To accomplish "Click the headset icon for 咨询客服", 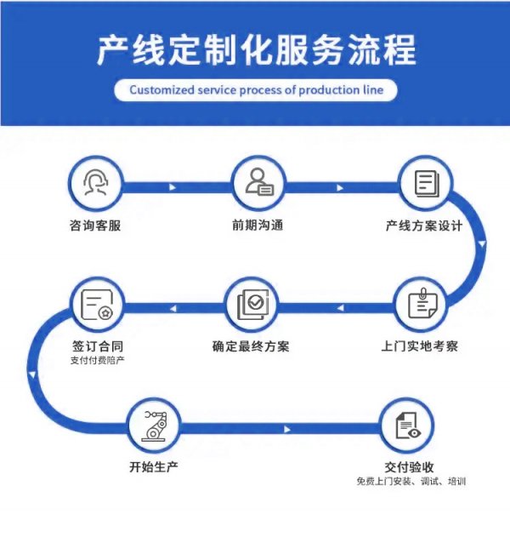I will [93, 185].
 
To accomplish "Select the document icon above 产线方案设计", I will [425, 185].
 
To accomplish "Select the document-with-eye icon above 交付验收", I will [409, 426].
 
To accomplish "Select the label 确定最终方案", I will [251, 346].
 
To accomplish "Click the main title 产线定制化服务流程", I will [256, 51].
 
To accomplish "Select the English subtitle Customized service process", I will [256, 89].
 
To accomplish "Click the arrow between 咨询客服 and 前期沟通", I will [174, 186].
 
